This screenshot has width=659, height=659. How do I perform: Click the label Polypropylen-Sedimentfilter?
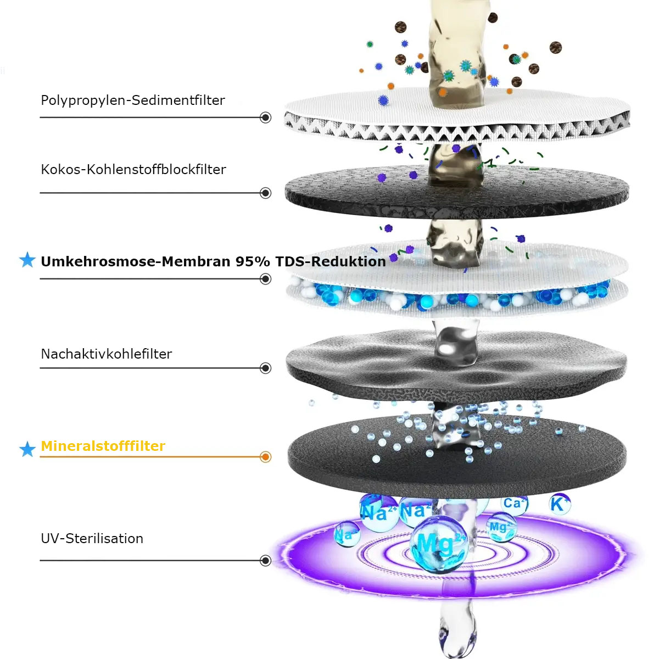[x=133, y=100]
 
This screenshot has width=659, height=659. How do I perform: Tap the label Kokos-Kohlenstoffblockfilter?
[x=133, y=170]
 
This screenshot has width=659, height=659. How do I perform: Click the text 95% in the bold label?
[x=253, y=261]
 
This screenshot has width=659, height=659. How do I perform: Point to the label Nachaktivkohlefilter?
[x=107, y=354]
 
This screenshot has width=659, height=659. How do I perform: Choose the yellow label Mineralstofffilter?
[x=103, y=446]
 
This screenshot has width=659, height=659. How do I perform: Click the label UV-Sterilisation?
[x=92, y=539]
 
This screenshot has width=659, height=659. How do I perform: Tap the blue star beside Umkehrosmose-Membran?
[x=27, y=260]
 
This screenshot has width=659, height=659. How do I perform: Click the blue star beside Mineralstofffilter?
[x=27, y=449]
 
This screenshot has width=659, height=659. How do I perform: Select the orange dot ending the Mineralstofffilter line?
[x=266, y=457]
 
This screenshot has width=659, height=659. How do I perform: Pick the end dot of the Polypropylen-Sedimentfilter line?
[x=266, y=118]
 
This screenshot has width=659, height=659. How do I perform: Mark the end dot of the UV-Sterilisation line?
[x=266, y=561]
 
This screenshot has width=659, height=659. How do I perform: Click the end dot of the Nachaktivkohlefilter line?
[x=266, y=368]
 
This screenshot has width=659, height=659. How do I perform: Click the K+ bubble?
[x=559, y=504]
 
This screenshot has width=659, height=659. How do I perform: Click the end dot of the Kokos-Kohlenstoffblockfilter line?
[x=266, y=193]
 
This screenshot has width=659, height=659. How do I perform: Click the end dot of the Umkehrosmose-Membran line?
[x=266, y=279]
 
